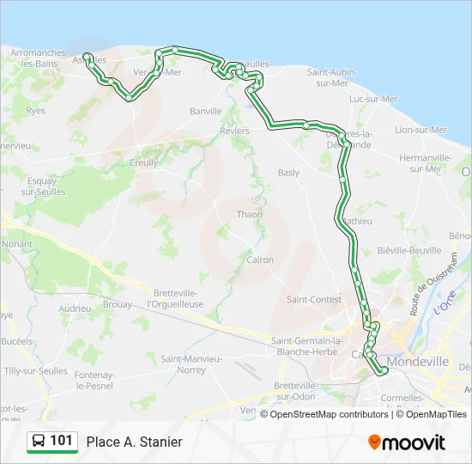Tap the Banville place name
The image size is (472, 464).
coord(205,111)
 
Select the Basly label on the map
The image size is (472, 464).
coord(288,173)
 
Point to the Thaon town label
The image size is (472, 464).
coord(250,215)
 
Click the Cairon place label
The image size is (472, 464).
coord(260,259)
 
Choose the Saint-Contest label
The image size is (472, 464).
coord(313,300)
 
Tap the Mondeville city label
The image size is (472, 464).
coord(418,363)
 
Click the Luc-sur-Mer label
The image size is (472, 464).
coord(373,99)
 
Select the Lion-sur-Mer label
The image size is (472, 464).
coord(421,130)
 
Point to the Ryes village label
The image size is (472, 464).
coord(36,111)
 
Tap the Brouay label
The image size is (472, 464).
coord(117,304)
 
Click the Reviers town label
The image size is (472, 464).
coord(234,131)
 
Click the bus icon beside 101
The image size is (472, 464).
coord(39,441)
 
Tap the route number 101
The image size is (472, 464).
coord(61,441)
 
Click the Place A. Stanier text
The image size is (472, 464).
coord(134,442)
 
